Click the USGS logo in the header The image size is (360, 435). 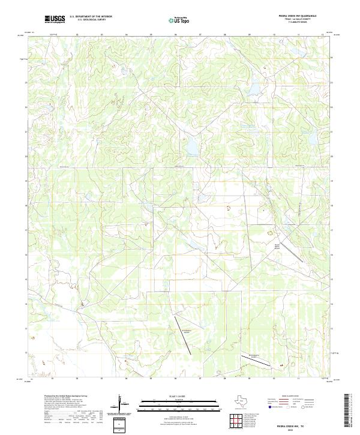pyautogui.click(x=55, y=20)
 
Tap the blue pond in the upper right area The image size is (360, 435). pyautogui.click(x=254, y=91)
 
